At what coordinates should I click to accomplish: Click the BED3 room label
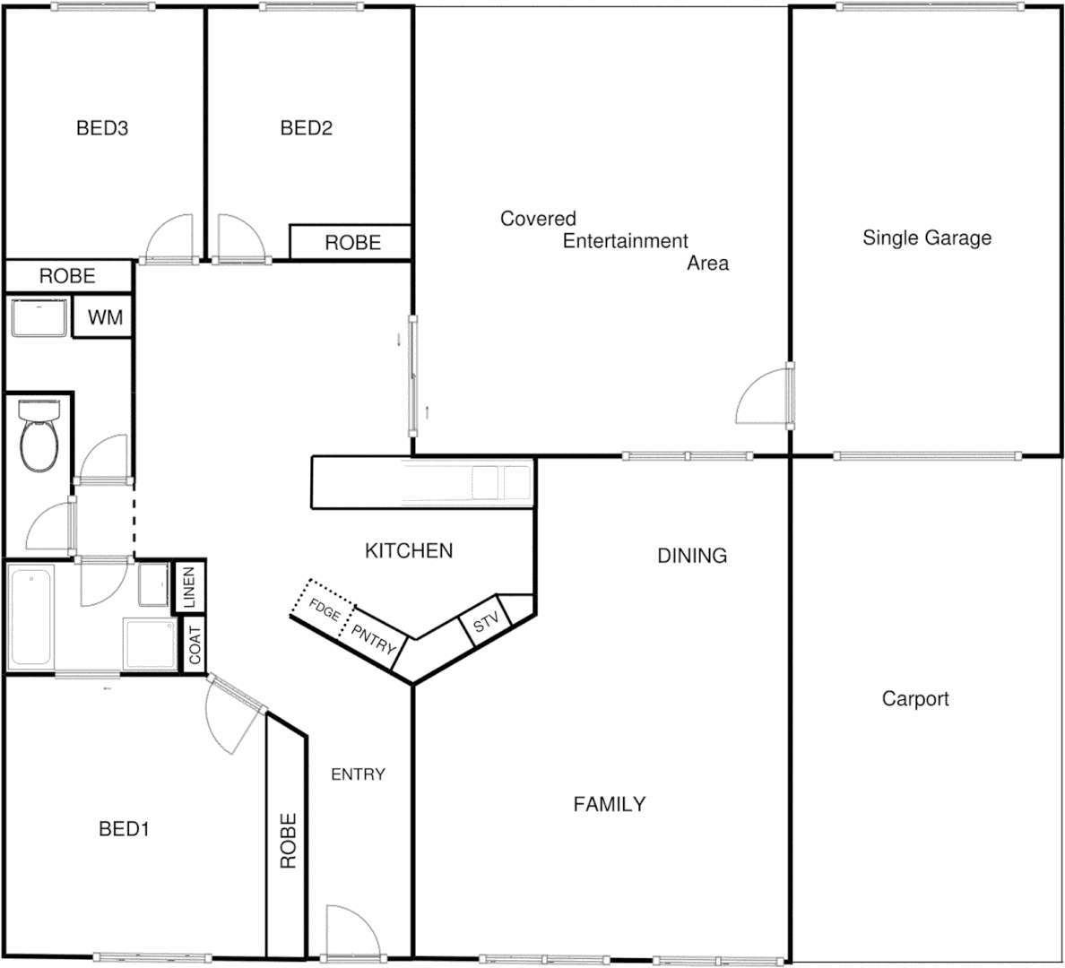point(102,128)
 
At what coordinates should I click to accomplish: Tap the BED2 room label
point(307,128)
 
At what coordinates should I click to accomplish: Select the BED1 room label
point(124,829)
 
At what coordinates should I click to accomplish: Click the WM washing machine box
point(105,318)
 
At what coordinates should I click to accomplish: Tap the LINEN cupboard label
point(189,587)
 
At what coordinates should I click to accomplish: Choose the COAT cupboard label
point(195,644)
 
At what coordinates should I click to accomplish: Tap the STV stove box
point(485,623)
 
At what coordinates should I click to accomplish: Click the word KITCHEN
point(409,550)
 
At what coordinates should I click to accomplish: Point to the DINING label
point(692,556)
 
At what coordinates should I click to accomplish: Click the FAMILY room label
point(610,804)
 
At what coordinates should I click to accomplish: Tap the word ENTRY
point(358,774)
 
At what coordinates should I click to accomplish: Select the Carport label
point(915,698)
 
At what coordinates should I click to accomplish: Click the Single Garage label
point(927,238)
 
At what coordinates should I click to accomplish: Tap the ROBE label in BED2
point(352,242)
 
